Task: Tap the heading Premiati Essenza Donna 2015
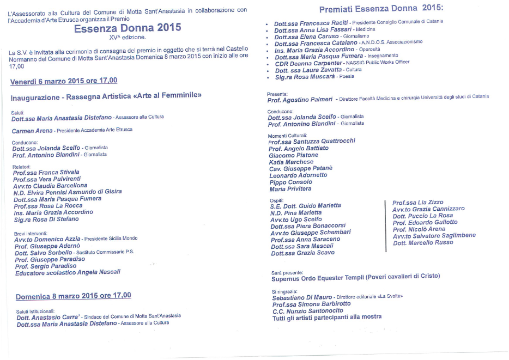click(381, 8)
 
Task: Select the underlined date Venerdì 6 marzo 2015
click(63, 81)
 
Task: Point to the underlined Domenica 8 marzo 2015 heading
click(73, 296)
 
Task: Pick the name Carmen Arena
click(32, 131)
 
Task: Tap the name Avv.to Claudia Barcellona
click(50, 186)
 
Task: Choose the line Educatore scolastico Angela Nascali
click(68, 272)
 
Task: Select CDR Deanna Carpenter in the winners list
click(308, 63)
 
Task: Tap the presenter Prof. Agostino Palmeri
click(300, 100)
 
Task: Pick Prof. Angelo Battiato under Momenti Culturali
click(299, 148)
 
